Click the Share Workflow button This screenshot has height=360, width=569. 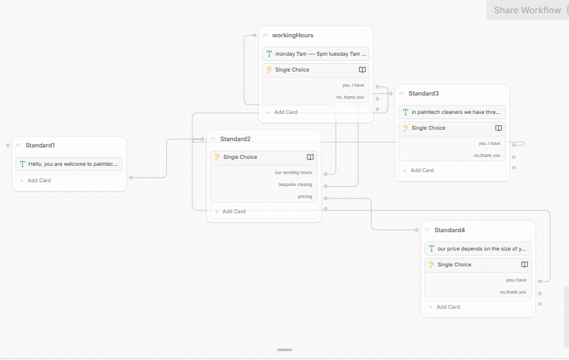point(528,10)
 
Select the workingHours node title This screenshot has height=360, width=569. point(292,35)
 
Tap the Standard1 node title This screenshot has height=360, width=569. point(40,145)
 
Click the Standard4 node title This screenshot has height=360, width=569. point(449,230)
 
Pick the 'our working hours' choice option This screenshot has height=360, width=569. point(293,172)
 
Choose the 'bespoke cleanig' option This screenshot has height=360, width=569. point(295,184)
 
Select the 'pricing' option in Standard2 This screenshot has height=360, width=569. point(305,196)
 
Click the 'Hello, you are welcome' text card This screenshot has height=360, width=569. point(69,164)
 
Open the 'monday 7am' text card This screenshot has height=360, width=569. point(316,54)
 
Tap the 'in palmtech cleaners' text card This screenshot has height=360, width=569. point(452,112)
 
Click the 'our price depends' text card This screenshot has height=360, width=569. point(478,249)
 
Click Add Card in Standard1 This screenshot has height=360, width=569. point(39,180)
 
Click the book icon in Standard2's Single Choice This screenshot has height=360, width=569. point(310,157)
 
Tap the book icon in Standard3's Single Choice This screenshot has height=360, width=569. point(499,128)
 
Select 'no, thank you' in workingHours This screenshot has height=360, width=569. point(350,97)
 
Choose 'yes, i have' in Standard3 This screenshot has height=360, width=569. point(489,144)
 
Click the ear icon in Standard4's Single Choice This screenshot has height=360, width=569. point(431,264)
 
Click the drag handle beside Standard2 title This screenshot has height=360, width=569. point(213,139)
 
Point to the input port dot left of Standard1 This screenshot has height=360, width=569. point(8,146)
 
